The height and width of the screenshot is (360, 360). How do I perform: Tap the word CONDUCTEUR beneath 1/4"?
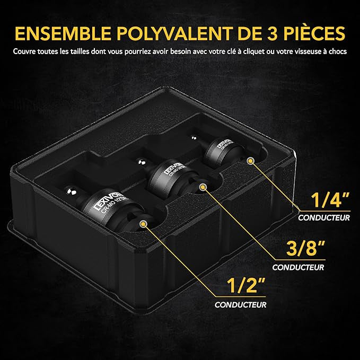[323, 217]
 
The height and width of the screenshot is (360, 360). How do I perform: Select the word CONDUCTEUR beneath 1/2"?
[241, 304]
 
